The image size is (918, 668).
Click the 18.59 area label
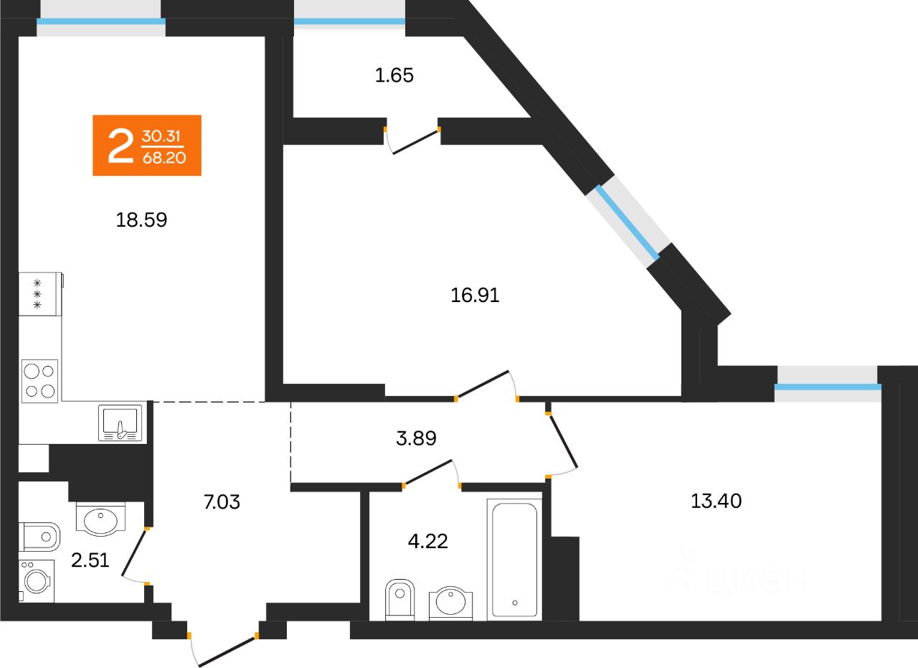141,220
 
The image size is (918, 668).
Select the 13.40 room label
716,501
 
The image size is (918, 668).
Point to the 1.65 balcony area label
394,75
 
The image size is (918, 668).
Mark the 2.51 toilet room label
90,559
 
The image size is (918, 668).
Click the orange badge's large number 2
120,146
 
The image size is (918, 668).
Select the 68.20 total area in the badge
164,157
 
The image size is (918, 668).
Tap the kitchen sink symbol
123,423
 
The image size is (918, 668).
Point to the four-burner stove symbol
40,381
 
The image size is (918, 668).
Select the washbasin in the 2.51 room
100,519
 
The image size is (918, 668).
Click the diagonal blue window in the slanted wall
624,220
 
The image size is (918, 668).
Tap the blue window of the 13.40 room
828,387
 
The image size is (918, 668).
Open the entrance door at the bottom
224,650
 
